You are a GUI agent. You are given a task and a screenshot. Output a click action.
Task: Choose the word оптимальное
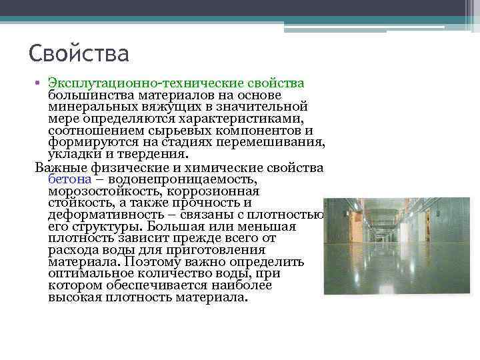tap(90, 274)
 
